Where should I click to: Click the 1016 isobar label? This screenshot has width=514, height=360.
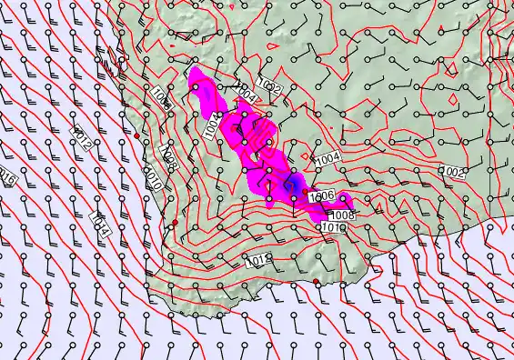pyautogui.click(x=7, y=176)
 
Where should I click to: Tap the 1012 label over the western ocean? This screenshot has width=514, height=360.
pyautogui.click(x=80, y=137)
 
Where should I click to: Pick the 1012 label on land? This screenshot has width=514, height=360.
pyautogui.click(x=257, y=261)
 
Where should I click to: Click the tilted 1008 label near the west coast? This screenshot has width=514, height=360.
pyautogui.click(x=166, y=156)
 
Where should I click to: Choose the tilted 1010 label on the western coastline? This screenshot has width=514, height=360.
pyautogui.click(x=154, y=179)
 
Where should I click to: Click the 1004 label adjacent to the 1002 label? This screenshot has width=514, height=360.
pyautogui.click(x=247, y=91)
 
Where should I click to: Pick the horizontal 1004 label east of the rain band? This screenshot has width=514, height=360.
pyautogui.click(x=328, y=159)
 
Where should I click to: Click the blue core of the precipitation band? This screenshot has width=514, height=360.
pyautogui.click(x=294, y=187)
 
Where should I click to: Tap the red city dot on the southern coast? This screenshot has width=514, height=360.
pyautogui.click(x=317, y=282)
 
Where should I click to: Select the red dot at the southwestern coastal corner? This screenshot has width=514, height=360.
pyautogui.click(x=175, y=222)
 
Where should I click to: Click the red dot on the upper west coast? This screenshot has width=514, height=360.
pyautogui.click(x=137, y=135)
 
